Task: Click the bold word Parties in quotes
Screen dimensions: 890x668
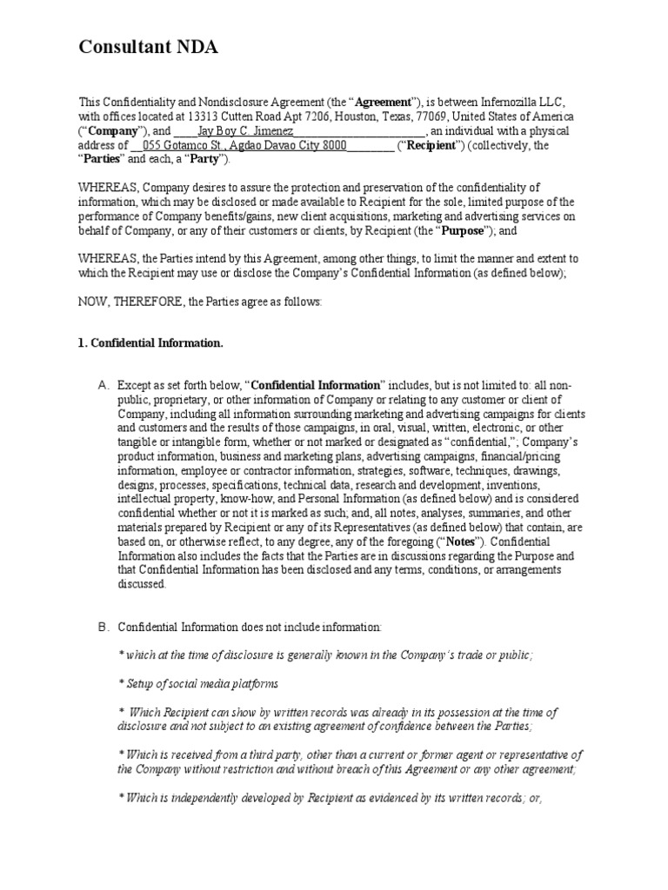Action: pos(104,160)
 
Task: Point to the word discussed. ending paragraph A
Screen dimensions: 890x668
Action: pos(141,584)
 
